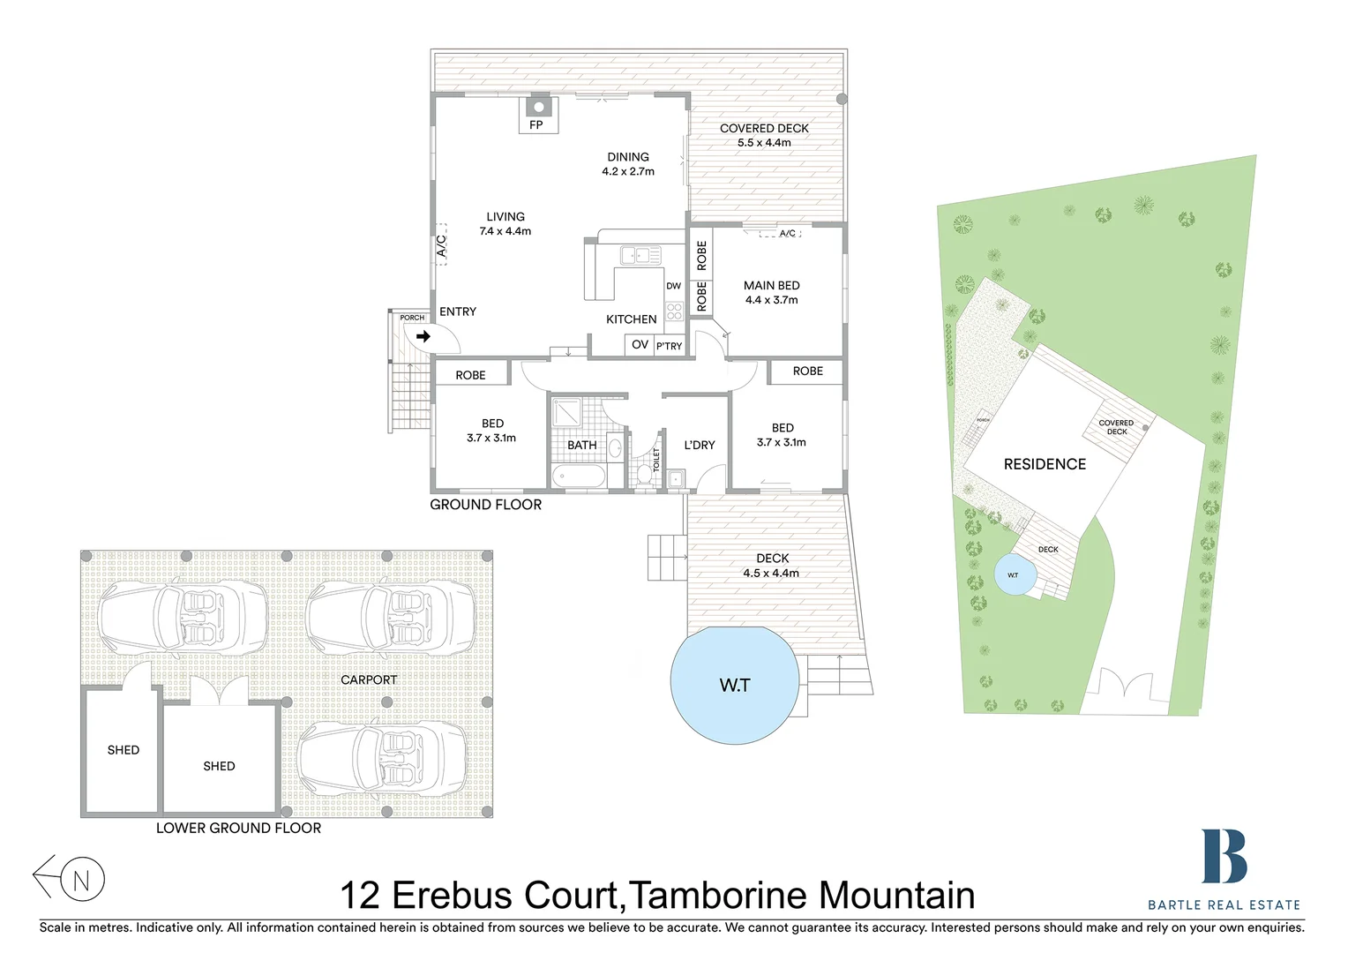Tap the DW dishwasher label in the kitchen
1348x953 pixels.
pos(673,286)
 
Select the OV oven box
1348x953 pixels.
pos(640,345)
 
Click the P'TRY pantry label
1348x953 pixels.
pos(669,346)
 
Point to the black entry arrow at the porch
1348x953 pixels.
pos(423,336)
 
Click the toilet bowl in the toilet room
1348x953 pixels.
pos(643,473)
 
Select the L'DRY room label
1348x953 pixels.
pos(700,445)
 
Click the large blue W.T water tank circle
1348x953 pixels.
pos(734,686)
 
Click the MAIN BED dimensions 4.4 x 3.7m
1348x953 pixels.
pos(771,300)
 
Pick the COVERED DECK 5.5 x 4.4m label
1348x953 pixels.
pos(764,135)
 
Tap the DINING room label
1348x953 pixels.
pos(628,157)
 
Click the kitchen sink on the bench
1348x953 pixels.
pos(640,256)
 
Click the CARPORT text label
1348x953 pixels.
pos(369,679)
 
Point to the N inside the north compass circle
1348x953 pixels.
pos(82,880)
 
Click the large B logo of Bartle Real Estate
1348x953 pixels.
pos(1224,856)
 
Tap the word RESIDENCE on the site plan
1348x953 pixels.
pos(1045,464)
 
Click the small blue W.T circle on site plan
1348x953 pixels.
pos(1013,575)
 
